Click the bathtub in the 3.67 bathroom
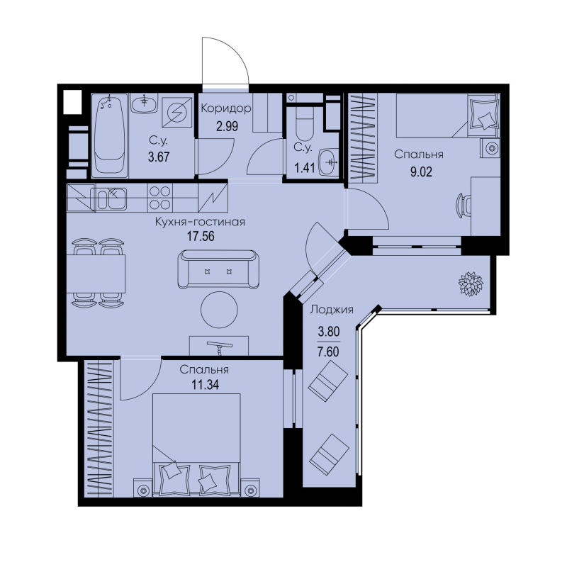(x=110, y=136)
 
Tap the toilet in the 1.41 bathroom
(x=304, y=123)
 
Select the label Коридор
(x=226, y=108)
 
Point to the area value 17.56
(x=201, y=236)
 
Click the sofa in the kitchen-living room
(x=218, y=269)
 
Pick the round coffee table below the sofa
(x=219, y=310)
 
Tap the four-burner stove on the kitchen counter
(x=160, y=198)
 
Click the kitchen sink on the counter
(x=111, y=198)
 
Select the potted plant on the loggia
(x=471, y=283)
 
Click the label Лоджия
(x=332, y=309)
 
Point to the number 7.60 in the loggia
(x=328, y=352)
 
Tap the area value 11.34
(x=205, y=385)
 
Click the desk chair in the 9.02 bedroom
(x=464, y=205)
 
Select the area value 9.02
(x=421, y=172)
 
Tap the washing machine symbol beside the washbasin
(x=176, y=112)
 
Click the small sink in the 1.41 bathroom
(x=329, y=162)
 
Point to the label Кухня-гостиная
(x=200, y=222)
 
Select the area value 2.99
(x=227, y=126)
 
